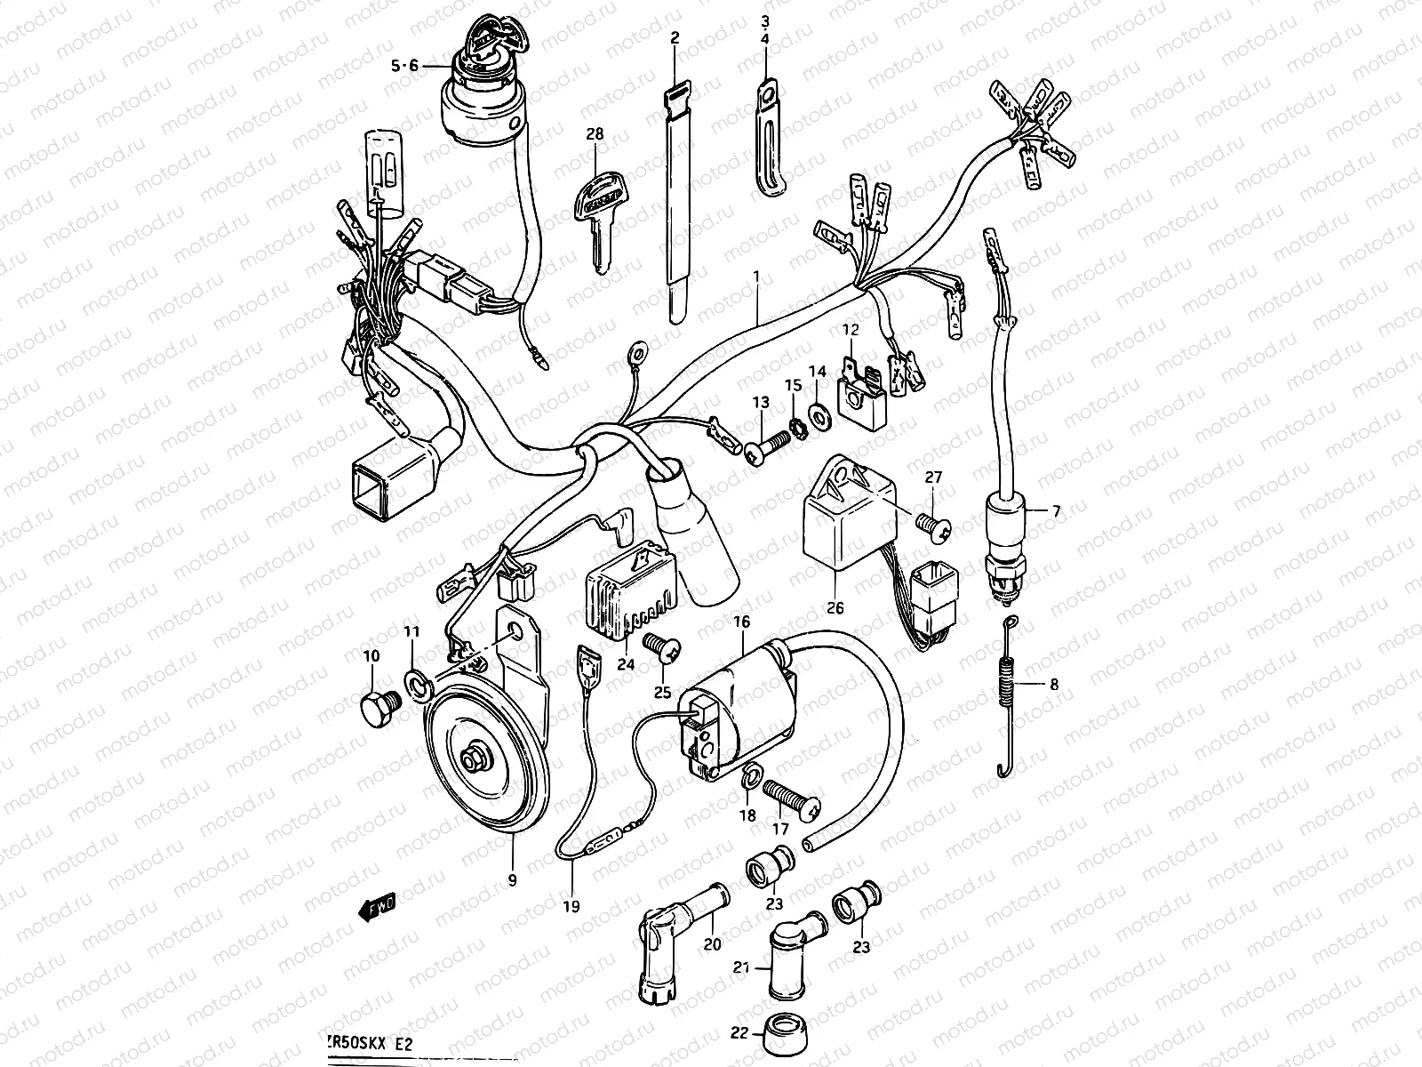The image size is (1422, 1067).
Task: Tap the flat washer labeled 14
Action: tap(819, 412)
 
